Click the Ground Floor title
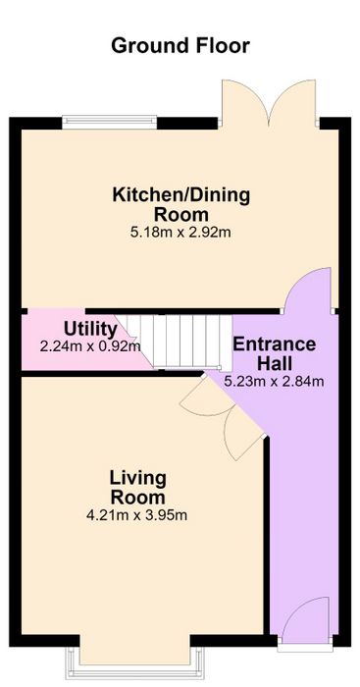(x=180, y=45)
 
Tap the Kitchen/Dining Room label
(x=180, y=204)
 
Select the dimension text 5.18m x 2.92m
(x=180, y=233)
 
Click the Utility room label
(x=90, y=330)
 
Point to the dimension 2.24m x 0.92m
(x=90, y=346)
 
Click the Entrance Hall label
(x=274, y=353)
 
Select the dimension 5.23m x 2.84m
(x=274, y=381)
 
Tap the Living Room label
(x=138, y=488)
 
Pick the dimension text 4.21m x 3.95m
(x=137, y=515)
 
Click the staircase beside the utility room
(x=174, y=341)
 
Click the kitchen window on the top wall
(x=109, y=122)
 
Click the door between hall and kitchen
(x=307, y=290)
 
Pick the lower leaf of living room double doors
(x=245, y=435)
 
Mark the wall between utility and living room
(x=113, y=374)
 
